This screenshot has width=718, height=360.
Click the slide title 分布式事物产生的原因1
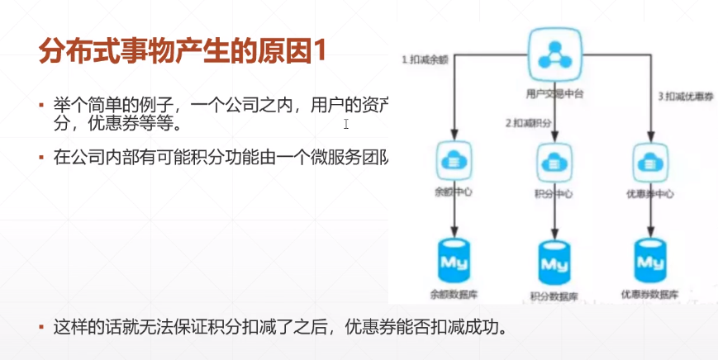pos(183,51)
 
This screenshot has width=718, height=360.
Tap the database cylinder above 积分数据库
pos(554,263)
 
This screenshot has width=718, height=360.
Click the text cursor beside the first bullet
pos(346,124)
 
